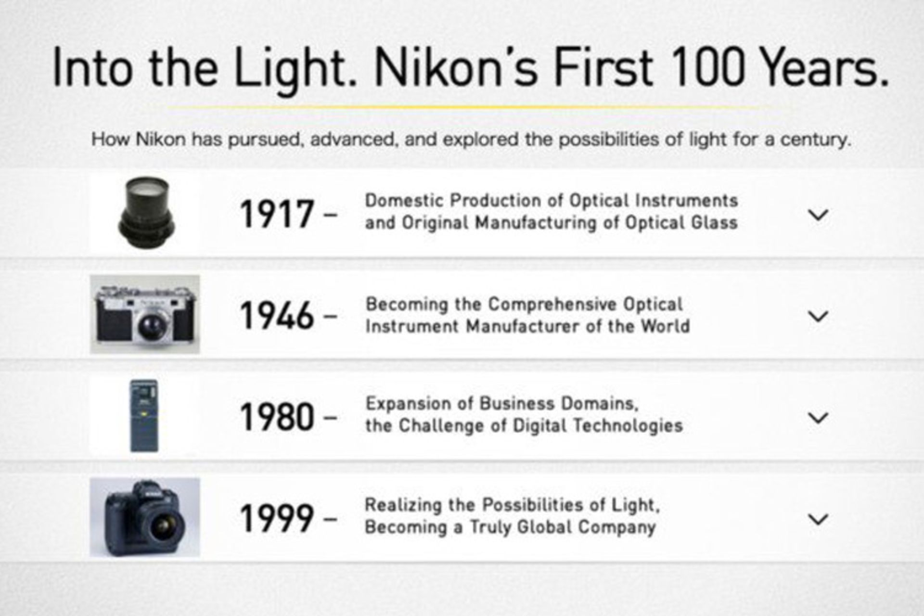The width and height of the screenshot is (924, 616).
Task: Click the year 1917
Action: point(277,214)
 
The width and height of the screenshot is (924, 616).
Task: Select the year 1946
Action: point(277,316)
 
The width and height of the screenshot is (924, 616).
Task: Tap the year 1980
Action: point(277,417)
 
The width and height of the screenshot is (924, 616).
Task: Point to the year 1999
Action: point(277,518)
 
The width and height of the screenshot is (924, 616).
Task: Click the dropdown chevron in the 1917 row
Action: point(818,215)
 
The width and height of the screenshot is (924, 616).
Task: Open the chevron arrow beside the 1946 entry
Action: point(818,316)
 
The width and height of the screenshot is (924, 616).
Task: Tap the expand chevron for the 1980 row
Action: point(818,418)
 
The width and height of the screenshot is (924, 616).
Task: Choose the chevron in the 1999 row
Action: point(818,519)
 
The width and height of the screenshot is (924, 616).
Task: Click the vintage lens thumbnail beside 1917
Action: point(146,212)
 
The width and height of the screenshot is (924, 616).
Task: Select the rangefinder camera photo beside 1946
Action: point(145,315)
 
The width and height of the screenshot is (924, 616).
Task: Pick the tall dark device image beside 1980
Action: point(144,416)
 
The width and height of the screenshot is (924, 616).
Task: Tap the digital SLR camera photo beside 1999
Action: point(145,517)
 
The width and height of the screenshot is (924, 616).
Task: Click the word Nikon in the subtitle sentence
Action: point(161,140)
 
